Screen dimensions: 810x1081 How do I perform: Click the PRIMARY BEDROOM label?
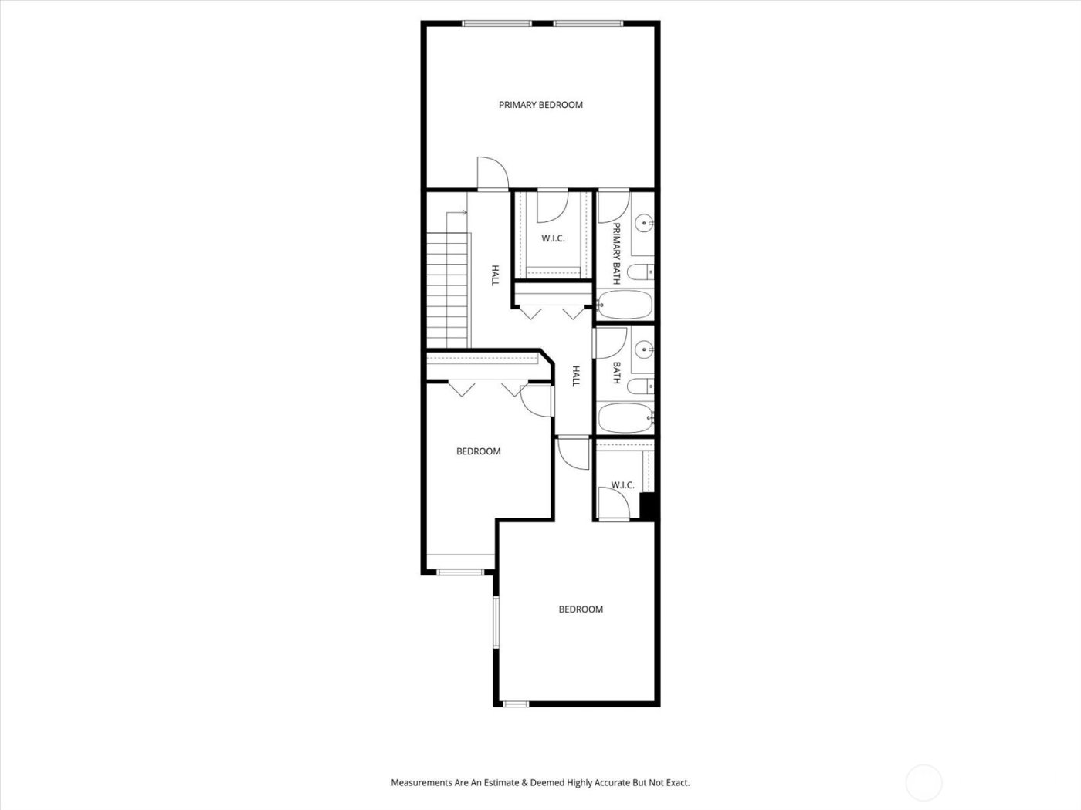(x=540, y=105)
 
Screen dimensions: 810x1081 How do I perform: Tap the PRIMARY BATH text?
(x=617, y=254)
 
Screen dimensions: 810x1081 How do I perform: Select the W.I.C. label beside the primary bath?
(x=553, y=238)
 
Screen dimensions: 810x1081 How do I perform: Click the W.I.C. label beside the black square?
(x=622, y=485)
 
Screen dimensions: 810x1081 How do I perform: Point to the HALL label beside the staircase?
(x=495, y=276)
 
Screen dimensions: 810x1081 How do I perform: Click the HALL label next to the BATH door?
(x=576, y=376)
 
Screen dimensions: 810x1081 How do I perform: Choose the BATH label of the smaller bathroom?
(x=617, y=373)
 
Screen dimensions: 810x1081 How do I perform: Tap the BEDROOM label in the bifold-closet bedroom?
(x=478, y=451)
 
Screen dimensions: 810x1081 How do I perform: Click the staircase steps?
(x=448, y=289)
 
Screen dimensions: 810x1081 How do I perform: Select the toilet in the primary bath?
(x=640, y=272)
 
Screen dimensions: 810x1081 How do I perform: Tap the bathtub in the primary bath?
(x=625, y=305)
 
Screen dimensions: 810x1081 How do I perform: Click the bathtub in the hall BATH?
(x=625, y=418)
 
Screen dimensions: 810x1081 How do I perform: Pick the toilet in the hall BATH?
(x=640, y=385)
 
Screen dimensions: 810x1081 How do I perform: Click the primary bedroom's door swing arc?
(x=491, y=171)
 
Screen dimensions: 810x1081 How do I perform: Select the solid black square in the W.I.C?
(x=649, y=506)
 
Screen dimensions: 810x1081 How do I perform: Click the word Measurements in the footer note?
(x=420, y=782)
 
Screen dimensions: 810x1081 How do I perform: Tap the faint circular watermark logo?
(x=923, y=782)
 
